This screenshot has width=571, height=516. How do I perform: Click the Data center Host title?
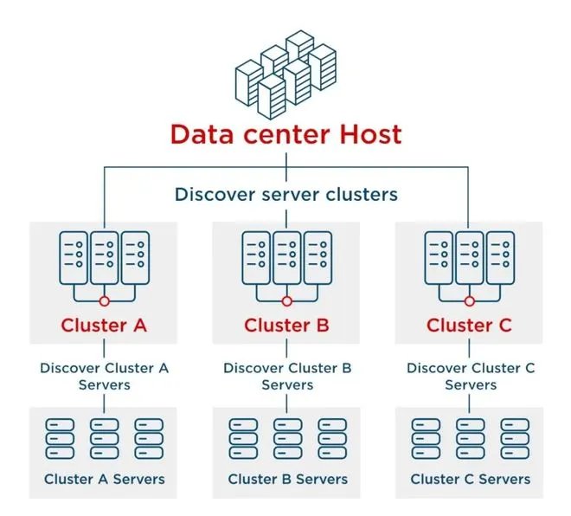[285, 134]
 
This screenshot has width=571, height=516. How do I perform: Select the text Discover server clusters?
[285, 193]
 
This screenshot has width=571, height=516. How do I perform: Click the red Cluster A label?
[104, 326]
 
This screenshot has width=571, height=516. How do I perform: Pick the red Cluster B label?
[287, 326]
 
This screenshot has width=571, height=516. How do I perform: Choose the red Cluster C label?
[470, 326]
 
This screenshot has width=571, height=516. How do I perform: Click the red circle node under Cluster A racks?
[104, 301]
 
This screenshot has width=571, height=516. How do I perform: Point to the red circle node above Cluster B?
[287, 301]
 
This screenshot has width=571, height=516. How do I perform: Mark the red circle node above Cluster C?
[470, 301]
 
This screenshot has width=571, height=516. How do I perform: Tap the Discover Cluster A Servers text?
[104, 376]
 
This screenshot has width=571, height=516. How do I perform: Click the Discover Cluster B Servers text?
[287, 376]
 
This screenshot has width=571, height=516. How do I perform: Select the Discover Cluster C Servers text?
[471, 376]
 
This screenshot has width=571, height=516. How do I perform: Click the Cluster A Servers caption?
[104, 479]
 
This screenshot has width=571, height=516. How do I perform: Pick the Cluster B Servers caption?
[287, 479]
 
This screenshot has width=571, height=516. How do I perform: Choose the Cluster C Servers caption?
[470, 479]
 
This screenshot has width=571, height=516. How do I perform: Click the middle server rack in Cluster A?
[104, 257]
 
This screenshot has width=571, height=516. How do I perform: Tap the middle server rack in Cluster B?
[287, 257]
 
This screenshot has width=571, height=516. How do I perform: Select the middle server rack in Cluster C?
[470, 257]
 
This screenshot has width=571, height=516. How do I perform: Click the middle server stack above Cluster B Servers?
[287, 439]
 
